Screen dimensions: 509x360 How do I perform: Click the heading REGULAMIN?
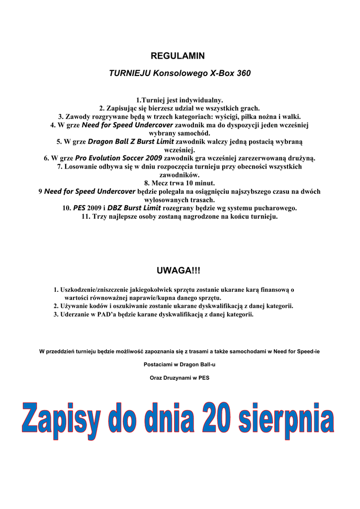178,56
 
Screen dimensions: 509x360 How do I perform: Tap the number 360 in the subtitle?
242,73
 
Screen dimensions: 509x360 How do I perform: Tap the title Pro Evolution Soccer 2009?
118,158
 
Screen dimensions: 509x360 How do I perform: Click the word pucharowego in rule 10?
276,208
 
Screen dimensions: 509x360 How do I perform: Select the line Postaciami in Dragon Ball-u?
180,364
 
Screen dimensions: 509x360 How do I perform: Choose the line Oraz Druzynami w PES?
180,377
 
